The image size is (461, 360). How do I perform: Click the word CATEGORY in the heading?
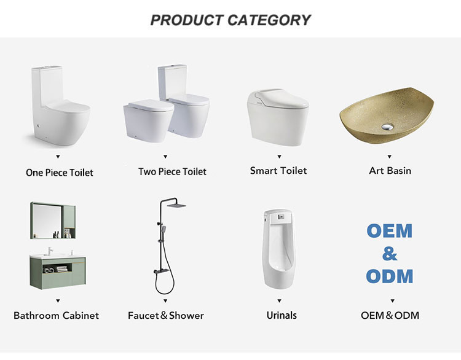269,20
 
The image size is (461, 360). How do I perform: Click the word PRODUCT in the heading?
187,20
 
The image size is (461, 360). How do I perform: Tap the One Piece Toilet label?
60,173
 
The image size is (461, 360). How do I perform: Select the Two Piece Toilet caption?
172,171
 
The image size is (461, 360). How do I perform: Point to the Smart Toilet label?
278,171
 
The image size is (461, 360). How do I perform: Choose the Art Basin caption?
390,171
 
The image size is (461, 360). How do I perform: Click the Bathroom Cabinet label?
56,316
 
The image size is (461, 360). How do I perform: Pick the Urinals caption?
282,316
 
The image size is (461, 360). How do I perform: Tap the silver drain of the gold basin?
387,127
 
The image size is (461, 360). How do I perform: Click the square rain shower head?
176,205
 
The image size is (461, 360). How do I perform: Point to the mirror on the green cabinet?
47,221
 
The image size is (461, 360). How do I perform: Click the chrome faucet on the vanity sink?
50,251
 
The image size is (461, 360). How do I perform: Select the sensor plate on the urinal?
282,217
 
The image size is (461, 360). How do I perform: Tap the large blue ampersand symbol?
390,254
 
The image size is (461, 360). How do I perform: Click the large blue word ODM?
390,276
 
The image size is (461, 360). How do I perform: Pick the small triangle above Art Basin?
390,157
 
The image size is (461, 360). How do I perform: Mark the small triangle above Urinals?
279,300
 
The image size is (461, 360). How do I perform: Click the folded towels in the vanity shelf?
61,269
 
